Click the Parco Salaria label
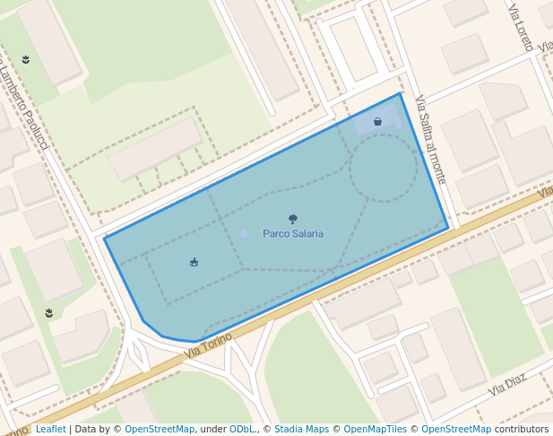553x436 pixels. [x=293, y=233]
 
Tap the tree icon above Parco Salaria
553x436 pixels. [x=293, y=219]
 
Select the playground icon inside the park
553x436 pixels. [x=194, y=262]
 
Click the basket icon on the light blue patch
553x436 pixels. [x=378, y=121]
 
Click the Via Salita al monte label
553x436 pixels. [x=430, y=139]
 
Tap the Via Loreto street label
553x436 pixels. [x=521, y=27]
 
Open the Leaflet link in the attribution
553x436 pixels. [x=50, y=430]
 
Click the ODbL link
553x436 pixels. [x=242, y=430]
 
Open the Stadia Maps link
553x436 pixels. [x=301, y=430]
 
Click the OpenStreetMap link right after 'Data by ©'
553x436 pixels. [x=160, y=430]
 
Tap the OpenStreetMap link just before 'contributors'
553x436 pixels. [x=456, y=430]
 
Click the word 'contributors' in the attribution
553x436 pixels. [x=522, y=430]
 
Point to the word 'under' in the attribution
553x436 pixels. [x=213, y=430]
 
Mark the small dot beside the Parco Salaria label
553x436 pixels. [x=244, y=233]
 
